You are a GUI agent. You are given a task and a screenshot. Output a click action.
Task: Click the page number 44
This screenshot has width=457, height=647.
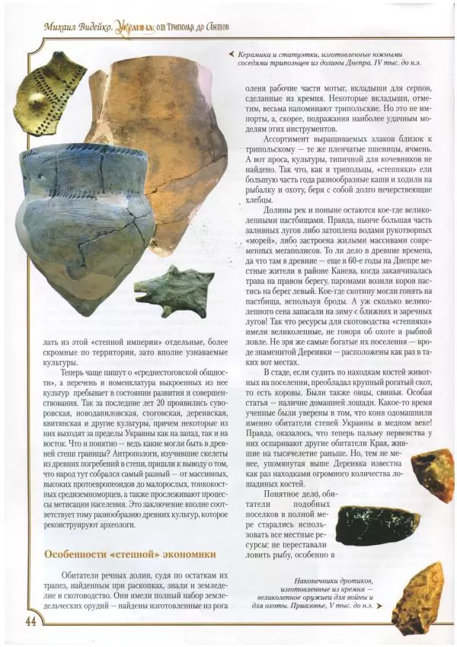[31, 620]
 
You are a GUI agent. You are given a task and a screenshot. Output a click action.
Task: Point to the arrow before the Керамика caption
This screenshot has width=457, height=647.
[231, 53]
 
